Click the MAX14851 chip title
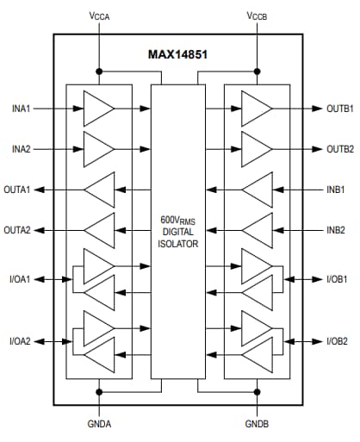tap(178, 53)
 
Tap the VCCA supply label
tap(99, 16)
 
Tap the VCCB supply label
tap(257, 16)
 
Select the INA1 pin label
tap(22, 109)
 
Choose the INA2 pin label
tap(22, 149)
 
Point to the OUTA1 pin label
tap(19, 189)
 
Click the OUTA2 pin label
tap(19, 229)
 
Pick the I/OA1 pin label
tap(19, 278)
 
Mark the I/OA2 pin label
tap(19, 341)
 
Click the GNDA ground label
tap(99, 425)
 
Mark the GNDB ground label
tap(257, 425)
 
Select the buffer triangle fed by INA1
tap(97, 109)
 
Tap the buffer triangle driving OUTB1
tap(256, 109)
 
